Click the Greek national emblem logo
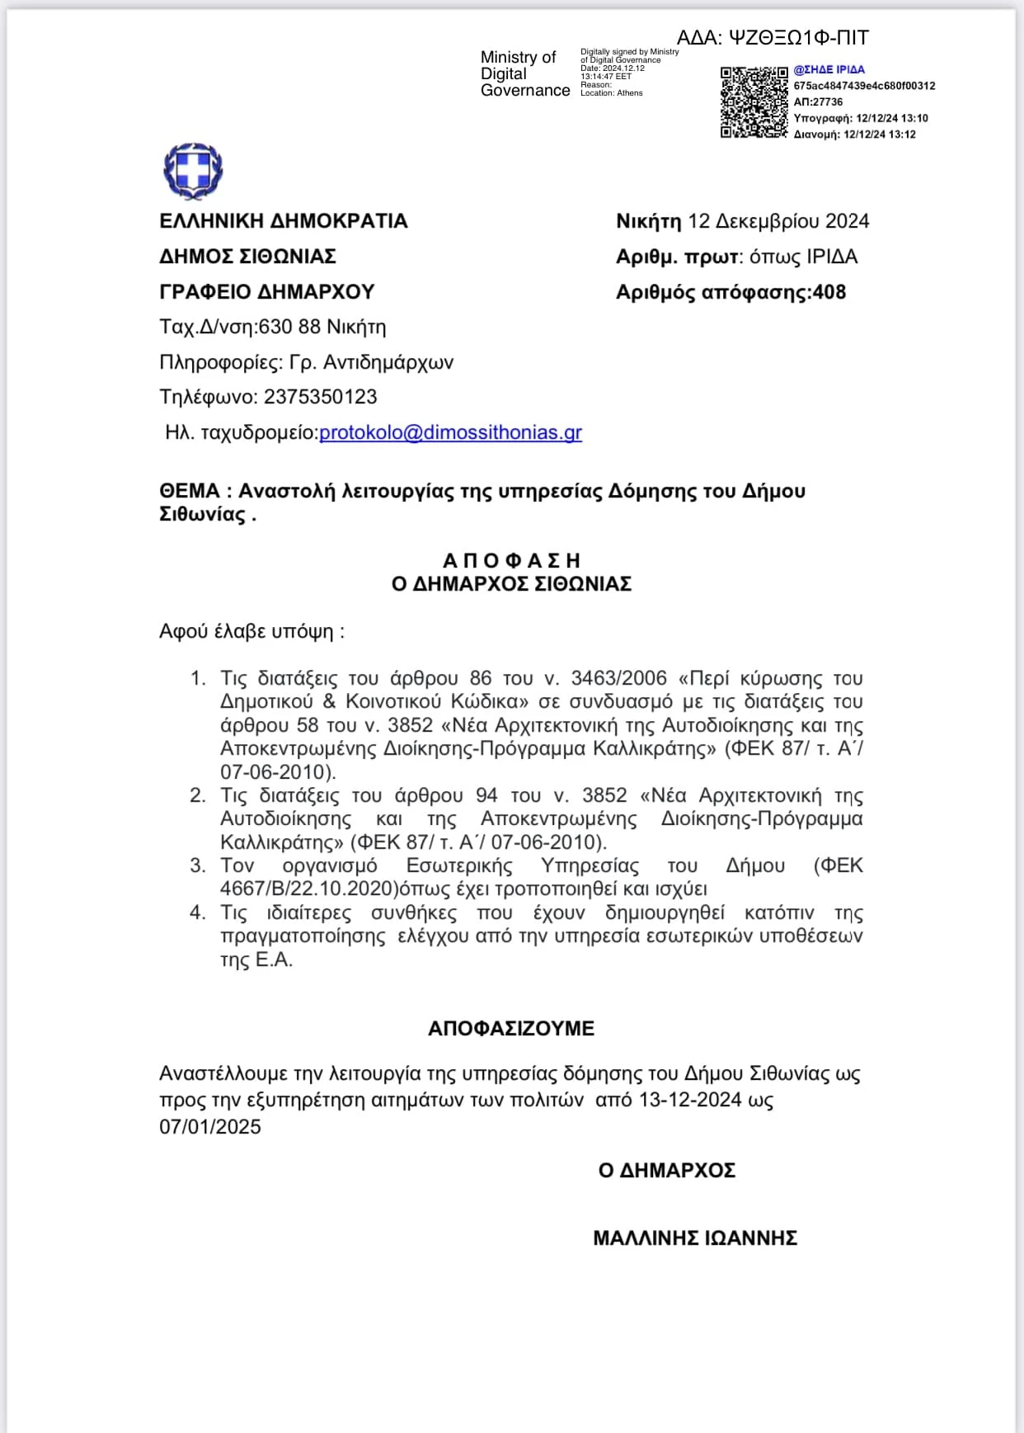(194, 171)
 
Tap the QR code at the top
(754, 102)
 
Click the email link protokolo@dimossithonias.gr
(450, 432)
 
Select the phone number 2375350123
(320, 397)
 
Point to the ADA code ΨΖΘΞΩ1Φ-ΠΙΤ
(799, 38)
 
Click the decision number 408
(829, 292)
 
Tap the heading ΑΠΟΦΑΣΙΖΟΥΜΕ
(511, 1028)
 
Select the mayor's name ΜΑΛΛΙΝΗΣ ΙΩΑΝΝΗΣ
(695, 1237)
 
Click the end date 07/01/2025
(210, 1127)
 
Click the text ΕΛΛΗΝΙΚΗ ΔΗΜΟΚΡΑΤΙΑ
(284, 221)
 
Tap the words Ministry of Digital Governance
(524, 73)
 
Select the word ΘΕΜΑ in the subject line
(190, 491)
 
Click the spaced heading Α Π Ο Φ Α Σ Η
(511, 561)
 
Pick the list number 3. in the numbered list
(198, 865)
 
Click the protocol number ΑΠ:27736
(818, 102)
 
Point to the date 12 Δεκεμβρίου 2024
(778, 221)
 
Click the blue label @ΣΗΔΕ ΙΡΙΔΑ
(829, 70)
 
